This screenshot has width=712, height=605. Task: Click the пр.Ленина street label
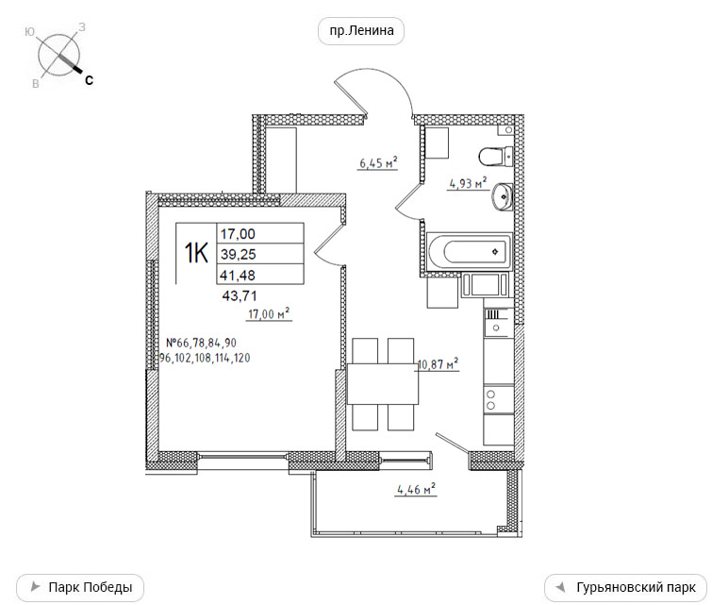361,31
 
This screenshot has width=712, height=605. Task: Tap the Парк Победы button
80,587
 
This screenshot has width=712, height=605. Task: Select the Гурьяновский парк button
626,587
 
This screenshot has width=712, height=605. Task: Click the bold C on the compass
89,80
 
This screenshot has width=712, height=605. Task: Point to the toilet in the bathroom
495,157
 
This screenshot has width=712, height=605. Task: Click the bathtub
470,251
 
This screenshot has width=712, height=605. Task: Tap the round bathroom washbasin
502,197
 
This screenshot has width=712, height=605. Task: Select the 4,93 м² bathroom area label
468,183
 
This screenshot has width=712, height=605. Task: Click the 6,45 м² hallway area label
378,162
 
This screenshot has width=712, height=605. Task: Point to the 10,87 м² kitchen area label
438,364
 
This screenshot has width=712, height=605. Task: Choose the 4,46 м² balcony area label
417,489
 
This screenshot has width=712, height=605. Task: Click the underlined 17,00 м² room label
269,313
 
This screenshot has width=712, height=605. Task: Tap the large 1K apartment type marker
196,253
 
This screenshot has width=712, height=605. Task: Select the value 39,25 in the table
239,255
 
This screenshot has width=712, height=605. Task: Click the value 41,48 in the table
238,275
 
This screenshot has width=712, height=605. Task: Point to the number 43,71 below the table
240,296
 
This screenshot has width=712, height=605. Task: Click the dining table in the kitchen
383,384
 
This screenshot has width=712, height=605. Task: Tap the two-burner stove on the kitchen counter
499,399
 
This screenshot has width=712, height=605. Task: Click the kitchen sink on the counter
499,323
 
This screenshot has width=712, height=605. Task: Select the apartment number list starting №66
205,350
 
